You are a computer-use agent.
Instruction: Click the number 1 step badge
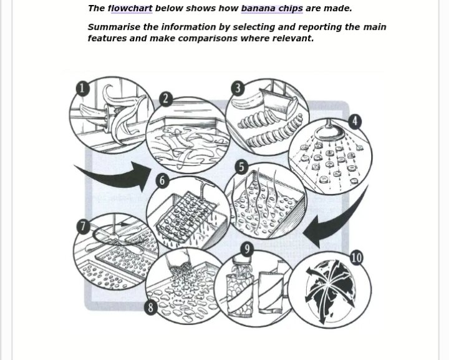click(82, 88)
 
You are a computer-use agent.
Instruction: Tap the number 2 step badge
click(165, 99)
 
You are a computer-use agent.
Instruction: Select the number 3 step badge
click(238, 88)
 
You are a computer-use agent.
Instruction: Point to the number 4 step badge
click(355, 122)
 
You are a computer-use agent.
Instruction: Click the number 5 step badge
click(242, 167)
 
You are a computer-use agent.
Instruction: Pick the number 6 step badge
click(162, 181)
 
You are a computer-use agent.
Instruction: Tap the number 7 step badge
click(83, 226)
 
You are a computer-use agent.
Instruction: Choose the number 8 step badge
click(151, 308)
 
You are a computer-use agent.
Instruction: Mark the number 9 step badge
click(247, 249)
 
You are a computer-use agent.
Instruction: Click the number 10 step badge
click(357, 258)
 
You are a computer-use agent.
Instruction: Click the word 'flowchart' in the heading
click(130, 9)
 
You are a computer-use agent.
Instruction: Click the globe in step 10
click(330, 289)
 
